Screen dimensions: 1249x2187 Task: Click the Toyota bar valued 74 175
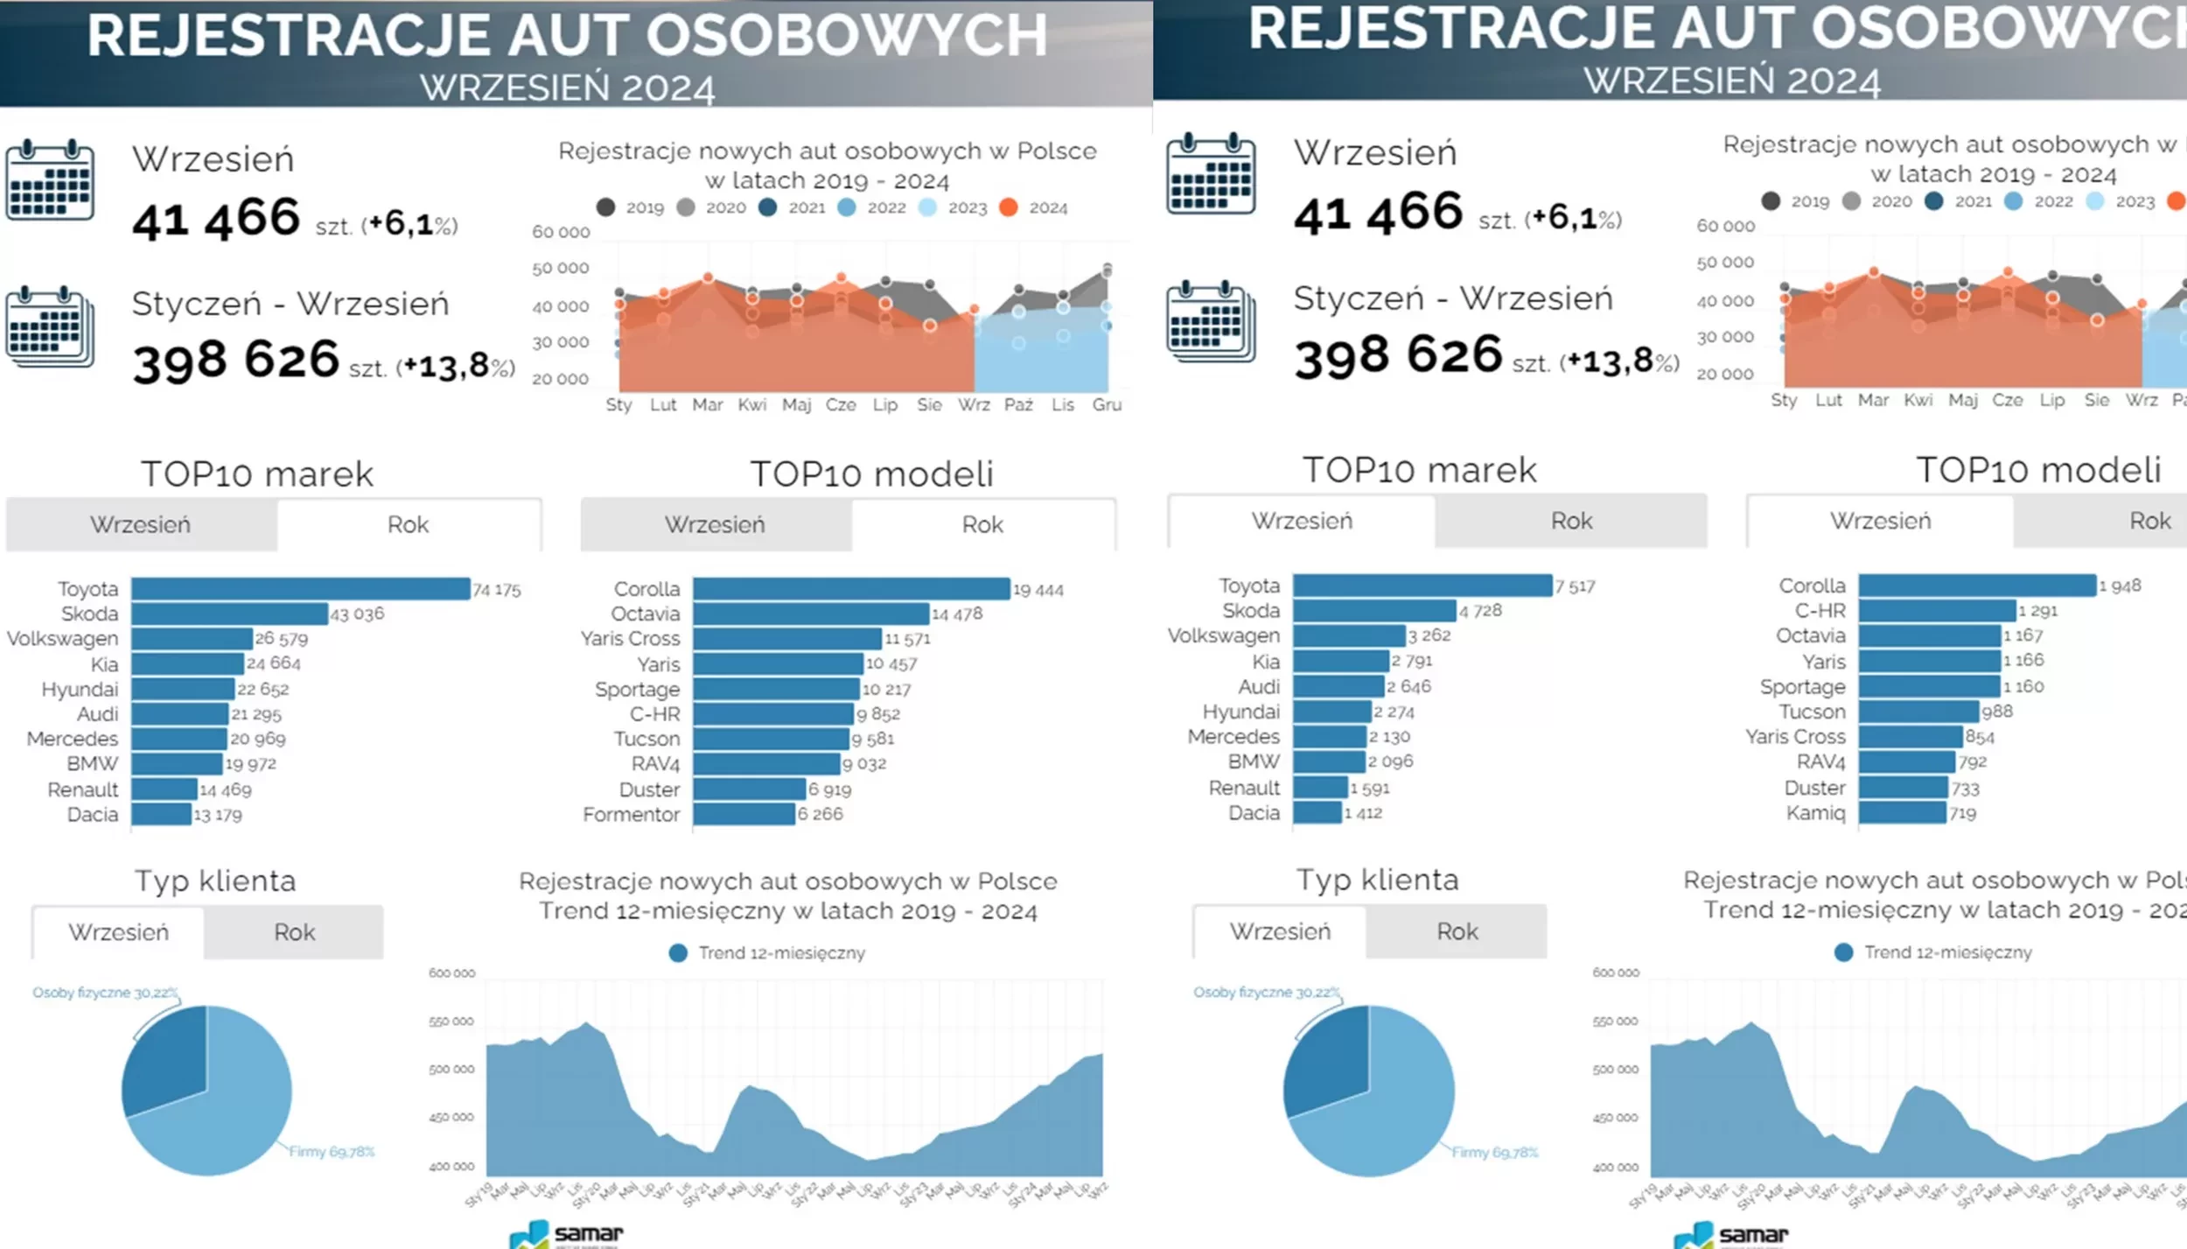[x=300, y=589]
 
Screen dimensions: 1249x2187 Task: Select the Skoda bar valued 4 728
[x=1374, y=611]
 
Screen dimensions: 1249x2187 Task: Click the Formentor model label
[x=631, y=815]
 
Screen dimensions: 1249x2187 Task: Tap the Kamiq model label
[x=1815, y=813]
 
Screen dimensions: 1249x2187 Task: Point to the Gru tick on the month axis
[x=1107, y=404]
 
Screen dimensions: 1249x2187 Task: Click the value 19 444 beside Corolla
[x=1038, y=590]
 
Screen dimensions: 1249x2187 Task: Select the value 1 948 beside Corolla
[x=2120, y=586]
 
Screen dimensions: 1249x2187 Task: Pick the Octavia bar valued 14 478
[x=811, y=614]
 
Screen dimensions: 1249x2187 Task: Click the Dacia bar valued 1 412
[x=1317, y=813]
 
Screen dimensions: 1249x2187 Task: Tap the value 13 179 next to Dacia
[x=218, y=815]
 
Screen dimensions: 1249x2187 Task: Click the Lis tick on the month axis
[x=1062, y=404]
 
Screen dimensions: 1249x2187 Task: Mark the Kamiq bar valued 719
[x=1903, y=813]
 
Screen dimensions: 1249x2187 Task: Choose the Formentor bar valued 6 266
[x=744, y=814]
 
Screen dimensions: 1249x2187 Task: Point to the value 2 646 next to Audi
[x=1409, y=686]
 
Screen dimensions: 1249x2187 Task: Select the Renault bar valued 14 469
[x=164, y=789]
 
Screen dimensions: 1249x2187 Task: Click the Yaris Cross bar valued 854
[x=1911, y=737]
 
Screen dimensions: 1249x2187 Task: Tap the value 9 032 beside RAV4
[x=864, y=764]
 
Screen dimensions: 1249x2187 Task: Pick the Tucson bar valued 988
[x=1918, y=712]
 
